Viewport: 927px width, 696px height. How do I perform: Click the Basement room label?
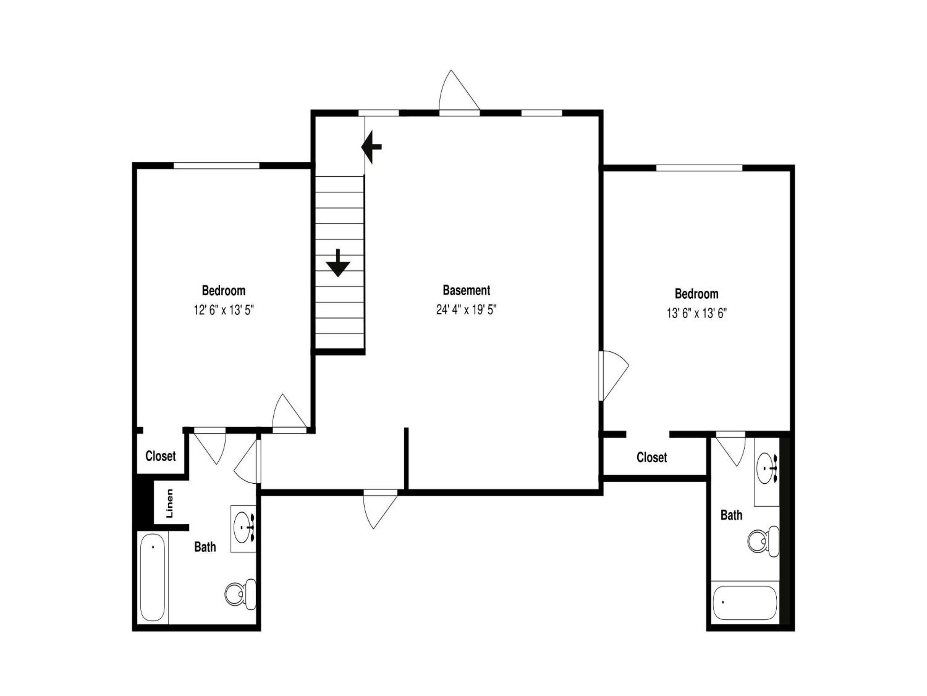point(466,290)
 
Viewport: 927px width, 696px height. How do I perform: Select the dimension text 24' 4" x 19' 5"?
point(466,310)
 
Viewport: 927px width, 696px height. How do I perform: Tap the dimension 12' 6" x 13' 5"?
point(223,310)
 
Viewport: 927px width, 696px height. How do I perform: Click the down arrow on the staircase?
point(338,263)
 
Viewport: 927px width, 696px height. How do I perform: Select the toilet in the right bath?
point(763,541)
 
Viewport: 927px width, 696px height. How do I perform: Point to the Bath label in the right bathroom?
point(731,515)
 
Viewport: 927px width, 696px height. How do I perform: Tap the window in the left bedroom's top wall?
point(217,166)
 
